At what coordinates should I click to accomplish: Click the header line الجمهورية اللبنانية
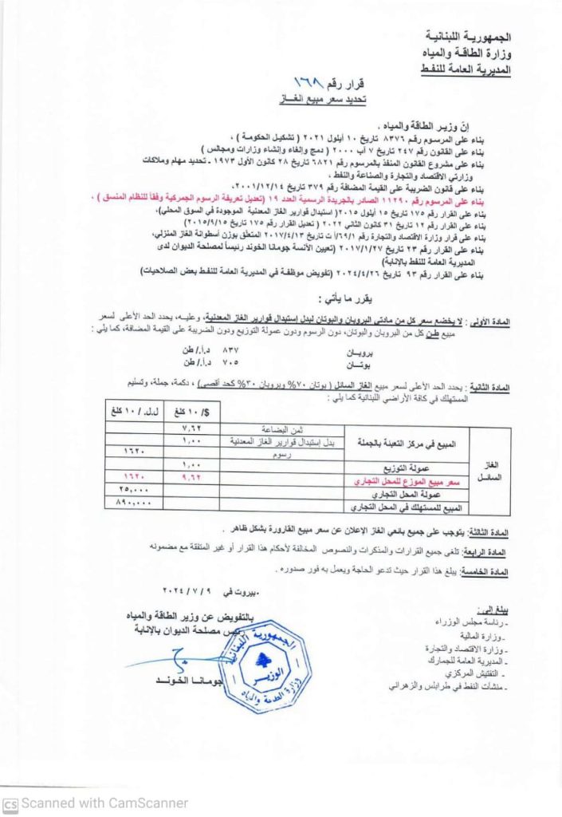click(471, 38)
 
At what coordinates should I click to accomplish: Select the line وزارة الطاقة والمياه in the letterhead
click(467, 54)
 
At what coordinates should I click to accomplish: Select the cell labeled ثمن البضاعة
click(272, 428)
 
